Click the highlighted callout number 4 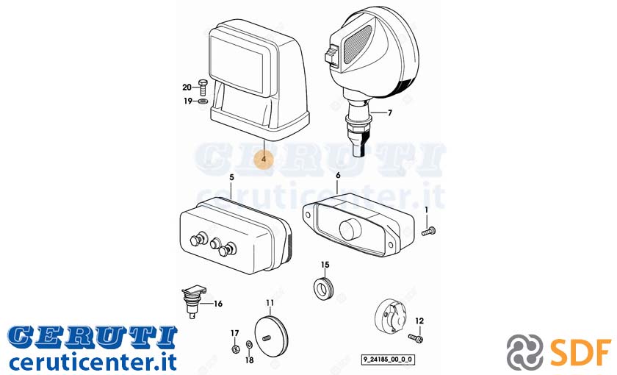coord(264,159)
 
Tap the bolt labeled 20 coord(203,87)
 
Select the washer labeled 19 coord(203,101)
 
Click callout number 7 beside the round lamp coord(389,113)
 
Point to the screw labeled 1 coord(428,231)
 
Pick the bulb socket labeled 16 coord(193,301)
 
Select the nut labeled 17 coord(235,349)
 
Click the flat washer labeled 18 coord(249,346)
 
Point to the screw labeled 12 coord(416,338)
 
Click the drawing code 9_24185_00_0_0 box coord(388,360)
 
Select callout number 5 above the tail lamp coord(231,178)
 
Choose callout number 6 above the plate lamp coord(338,175)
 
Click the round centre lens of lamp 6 coord(350,229)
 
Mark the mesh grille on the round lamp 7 coord(357,45)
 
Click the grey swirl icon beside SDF coord(525,351)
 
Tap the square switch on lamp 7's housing coord(331,54)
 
